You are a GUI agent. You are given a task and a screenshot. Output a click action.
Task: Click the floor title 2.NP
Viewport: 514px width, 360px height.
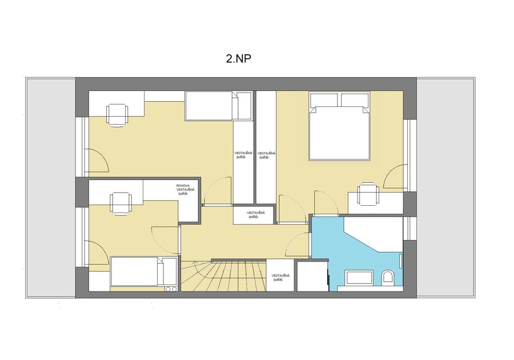pyautogui.click(x=239, y=59)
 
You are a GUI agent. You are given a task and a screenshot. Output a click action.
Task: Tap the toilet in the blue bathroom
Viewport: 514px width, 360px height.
pyautogui.click(x=388, y=277)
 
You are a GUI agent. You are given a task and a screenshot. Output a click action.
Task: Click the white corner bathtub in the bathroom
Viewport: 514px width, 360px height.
pyautogui.click(x=373, y=234)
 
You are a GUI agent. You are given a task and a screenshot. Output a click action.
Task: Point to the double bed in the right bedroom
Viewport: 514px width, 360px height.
pyautogui.click(x=339, y=126)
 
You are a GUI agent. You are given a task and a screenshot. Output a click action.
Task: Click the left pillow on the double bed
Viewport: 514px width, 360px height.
pyautogui.click(x=324, y=99)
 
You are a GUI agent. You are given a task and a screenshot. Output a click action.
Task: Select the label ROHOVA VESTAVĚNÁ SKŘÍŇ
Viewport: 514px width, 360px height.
pyautogui.click(x=185, y=190)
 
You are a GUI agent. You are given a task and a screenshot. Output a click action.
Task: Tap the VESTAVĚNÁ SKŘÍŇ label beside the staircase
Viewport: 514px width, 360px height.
pyautogui.click(x=280, y=278)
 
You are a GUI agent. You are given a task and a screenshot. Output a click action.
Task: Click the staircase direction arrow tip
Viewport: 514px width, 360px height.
pyautogui.click(x=194, y=262)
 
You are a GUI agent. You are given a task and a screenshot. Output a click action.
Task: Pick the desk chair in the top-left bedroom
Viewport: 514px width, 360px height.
pyautogui.click(x=117, y=114)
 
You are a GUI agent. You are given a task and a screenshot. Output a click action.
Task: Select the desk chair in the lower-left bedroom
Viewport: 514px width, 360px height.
pyautogui.click(x=121, y=203)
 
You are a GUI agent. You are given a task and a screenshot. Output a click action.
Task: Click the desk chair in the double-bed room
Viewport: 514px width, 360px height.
pyautogui.click(x=368, y=194)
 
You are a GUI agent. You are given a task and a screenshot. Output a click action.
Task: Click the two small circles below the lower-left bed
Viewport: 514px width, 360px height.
pyautogui.click(x=171, y=289)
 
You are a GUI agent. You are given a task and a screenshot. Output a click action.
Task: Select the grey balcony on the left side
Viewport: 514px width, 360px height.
pyautogui.click(x=50, y=188)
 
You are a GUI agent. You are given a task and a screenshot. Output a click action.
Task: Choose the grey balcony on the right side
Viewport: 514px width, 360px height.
pyautogui.click(x=446, y=188)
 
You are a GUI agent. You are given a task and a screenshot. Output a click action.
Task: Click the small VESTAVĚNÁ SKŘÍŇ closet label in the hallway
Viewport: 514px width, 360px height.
pyautogui.click(x=256, y=215)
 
